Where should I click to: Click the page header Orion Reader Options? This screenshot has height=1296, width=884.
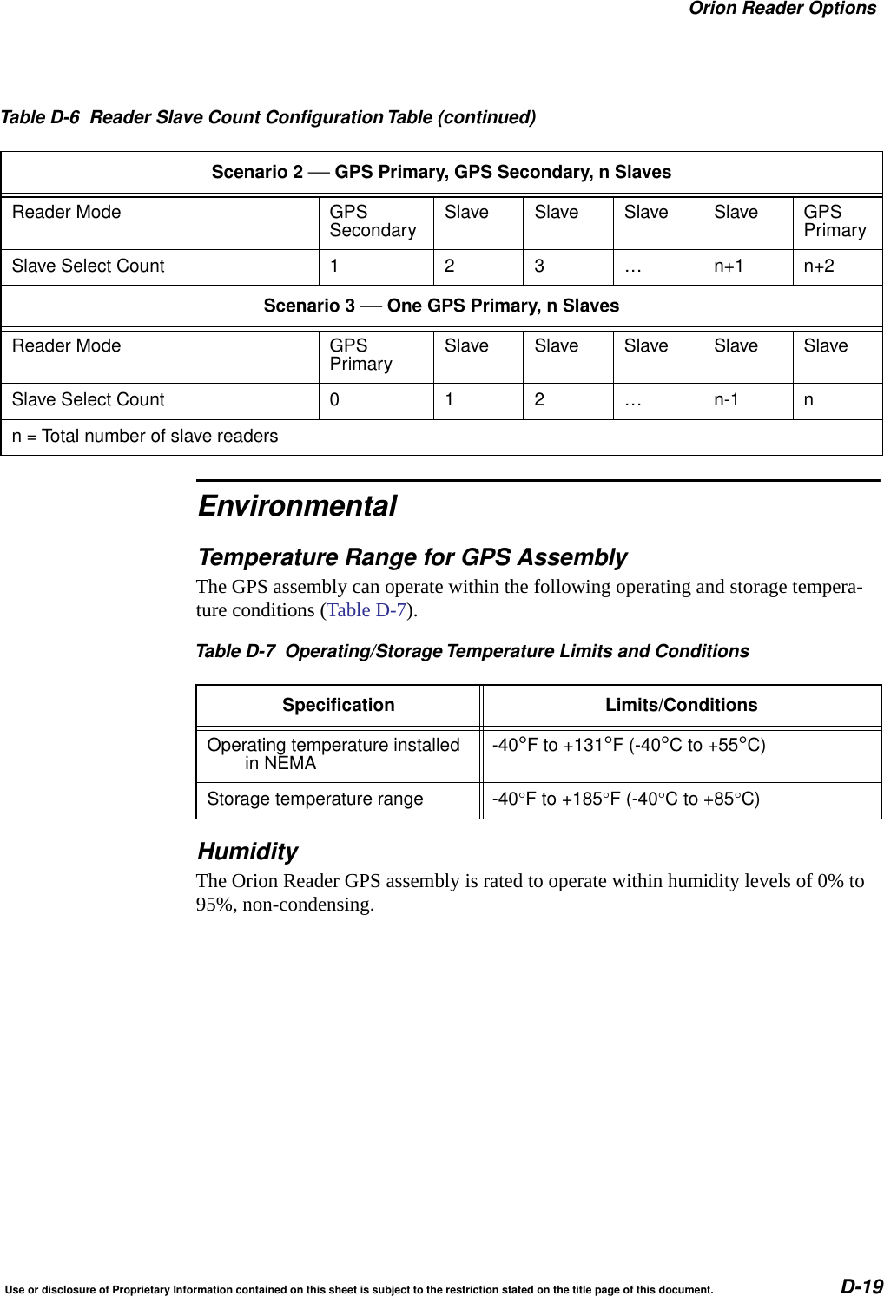[782, 10]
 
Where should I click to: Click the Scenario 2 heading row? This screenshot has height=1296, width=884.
[441, 172]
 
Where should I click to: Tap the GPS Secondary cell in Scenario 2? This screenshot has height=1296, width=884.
[373, 221]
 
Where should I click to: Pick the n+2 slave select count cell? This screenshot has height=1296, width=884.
[818, 266]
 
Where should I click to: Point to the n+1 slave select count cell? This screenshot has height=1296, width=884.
[729, 266]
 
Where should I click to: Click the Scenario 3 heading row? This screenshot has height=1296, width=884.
[441, 306]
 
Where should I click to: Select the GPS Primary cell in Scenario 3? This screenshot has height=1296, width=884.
[360, 355]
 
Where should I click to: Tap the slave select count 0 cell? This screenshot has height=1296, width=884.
[334, 400]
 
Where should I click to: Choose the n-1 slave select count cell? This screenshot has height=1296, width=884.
[727, 400]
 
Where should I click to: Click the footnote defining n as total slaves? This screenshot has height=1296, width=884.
[145, 437]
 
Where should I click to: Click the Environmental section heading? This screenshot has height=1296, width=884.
[297, 506]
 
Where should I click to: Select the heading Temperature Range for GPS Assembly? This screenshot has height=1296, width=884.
[412, 557]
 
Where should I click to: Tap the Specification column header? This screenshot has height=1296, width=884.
[338, 705]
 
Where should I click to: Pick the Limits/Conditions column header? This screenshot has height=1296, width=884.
[681, 705]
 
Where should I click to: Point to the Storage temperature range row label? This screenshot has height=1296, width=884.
[315, 799]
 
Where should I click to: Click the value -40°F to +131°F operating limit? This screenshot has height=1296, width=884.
[629, 746]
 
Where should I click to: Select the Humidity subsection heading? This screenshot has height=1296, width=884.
[247, 852]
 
